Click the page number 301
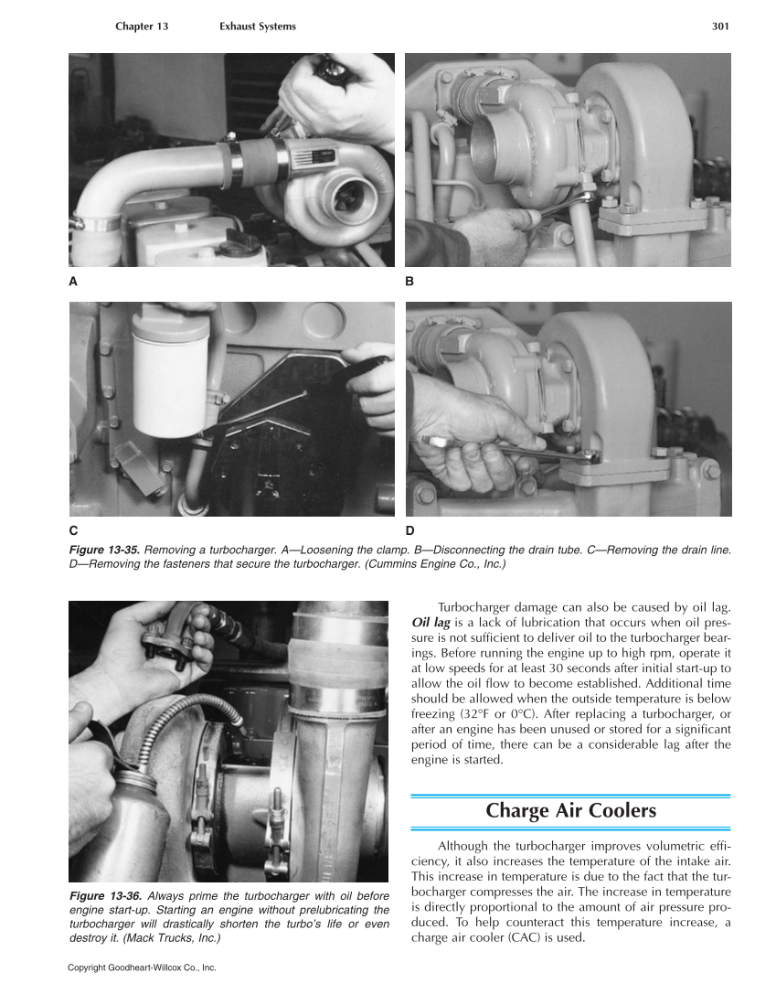click(719, 27)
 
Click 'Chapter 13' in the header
click(142, 27)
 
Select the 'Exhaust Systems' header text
click(258, 27)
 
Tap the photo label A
click(73, 282)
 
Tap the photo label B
click(409, 282)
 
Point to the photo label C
click(73, 530)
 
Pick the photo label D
click(409, 530)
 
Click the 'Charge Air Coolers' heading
click(570, 810)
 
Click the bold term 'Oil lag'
click(431, 624)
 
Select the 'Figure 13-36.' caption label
click(104, 895)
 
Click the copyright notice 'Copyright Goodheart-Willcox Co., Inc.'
click(142, 967)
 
